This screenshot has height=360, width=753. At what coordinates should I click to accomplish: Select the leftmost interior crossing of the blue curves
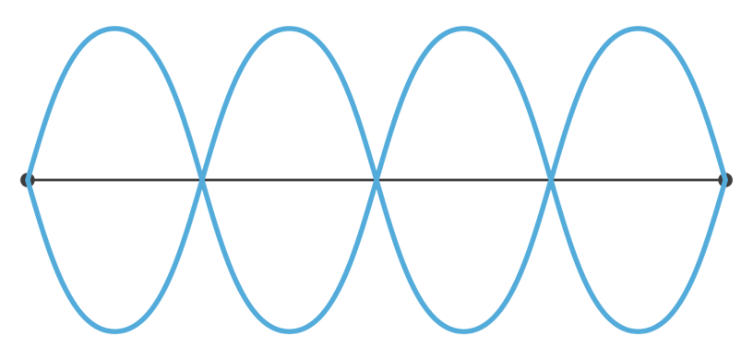201,180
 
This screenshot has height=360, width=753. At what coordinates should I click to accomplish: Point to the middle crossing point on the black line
376,180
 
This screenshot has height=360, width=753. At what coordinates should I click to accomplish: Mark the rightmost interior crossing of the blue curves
551,180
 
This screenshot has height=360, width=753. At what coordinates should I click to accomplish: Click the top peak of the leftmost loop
114,30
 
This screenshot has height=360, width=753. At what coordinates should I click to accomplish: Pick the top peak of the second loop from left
289,30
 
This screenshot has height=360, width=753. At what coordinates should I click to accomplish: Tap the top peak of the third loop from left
463,30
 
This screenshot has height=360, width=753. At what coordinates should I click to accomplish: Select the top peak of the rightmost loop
638,30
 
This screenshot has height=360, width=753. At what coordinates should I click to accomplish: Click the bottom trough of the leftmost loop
114,330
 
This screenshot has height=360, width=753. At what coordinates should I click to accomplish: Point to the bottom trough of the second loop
289,330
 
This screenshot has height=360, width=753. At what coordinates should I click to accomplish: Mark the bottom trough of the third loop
463,330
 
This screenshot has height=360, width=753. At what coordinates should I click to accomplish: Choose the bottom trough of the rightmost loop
638,330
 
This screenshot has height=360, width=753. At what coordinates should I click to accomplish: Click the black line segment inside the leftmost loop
114,180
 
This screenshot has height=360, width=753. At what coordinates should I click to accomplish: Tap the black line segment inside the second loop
289,180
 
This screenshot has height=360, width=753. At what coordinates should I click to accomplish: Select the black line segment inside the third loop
463,180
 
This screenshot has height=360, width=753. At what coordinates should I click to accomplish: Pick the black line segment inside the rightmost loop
638,180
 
